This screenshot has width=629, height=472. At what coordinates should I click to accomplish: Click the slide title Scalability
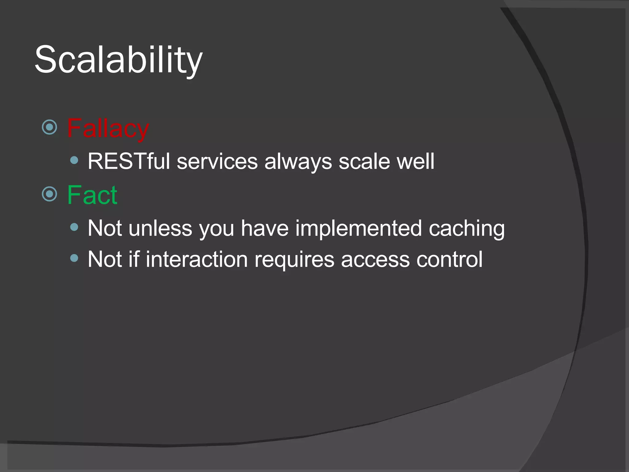click(x=119, y=60)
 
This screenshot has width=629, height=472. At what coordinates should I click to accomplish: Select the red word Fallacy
click(x=108, y=128)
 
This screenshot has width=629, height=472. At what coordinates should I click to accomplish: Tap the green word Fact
click(x=92, y=195)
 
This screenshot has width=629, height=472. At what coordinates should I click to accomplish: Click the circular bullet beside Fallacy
click(x=49, y=127)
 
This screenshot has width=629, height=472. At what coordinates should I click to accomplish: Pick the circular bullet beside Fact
click(x=49, y=194)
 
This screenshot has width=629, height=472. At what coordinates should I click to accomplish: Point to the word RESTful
click(x=129, y=161)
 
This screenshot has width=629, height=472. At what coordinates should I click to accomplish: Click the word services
click(x=217, y=162)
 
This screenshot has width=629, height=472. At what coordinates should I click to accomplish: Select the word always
click(x=298, y=162)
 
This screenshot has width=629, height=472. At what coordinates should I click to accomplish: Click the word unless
click(x=160, y=228)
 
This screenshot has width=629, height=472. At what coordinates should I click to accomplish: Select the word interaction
click(x=197, y=259)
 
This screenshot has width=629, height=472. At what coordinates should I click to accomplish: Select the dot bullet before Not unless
click(x=74, y=227)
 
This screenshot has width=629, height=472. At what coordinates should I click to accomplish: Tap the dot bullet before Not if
click(x=74, y=258)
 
